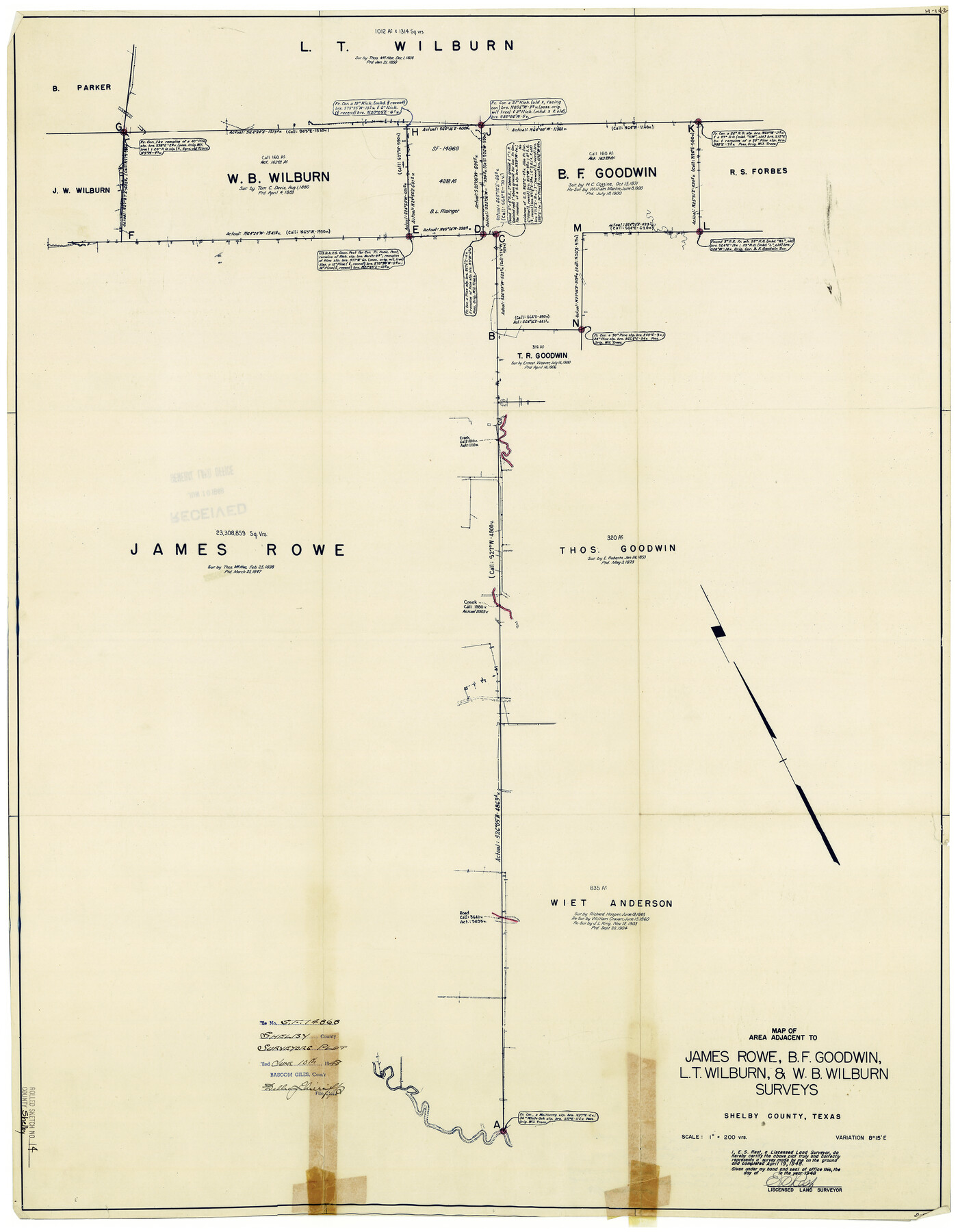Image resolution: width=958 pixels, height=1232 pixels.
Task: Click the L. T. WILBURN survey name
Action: [406, 47]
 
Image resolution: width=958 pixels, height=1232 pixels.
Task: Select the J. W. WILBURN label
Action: [80, 190]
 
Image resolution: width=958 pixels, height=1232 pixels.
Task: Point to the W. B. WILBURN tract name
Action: [278, 177]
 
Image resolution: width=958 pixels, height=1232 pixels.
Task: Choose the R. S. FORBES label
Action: [758, 171]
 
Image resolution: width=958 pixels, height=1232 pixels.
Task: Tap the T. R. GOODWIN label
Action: [542, 355]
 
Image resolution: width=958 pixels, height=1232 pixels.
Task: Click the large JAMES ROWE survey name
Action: [237, 550]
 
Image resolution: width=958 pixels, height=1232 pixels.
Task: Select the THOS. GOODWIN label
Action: [617, 549]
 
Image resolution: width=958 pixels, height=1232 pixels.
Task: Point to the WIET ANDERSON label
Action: [611, 903]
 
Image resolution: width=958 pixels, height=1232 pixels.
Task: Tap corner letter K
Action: [691, 128]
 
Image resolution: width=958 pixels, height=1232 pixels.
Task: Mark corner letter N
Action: [575, 323]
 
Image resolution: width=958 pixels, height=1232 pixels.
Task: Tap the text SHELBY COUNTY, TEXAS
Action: [782, 1116]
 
